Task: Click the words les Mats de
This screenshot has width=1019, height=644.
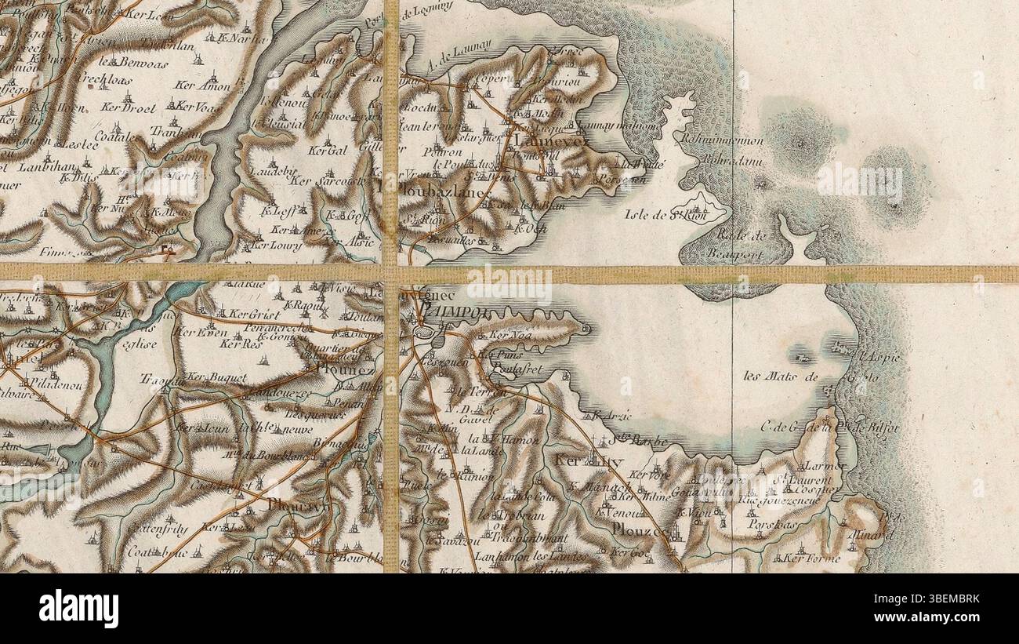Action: coord(780,377)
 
